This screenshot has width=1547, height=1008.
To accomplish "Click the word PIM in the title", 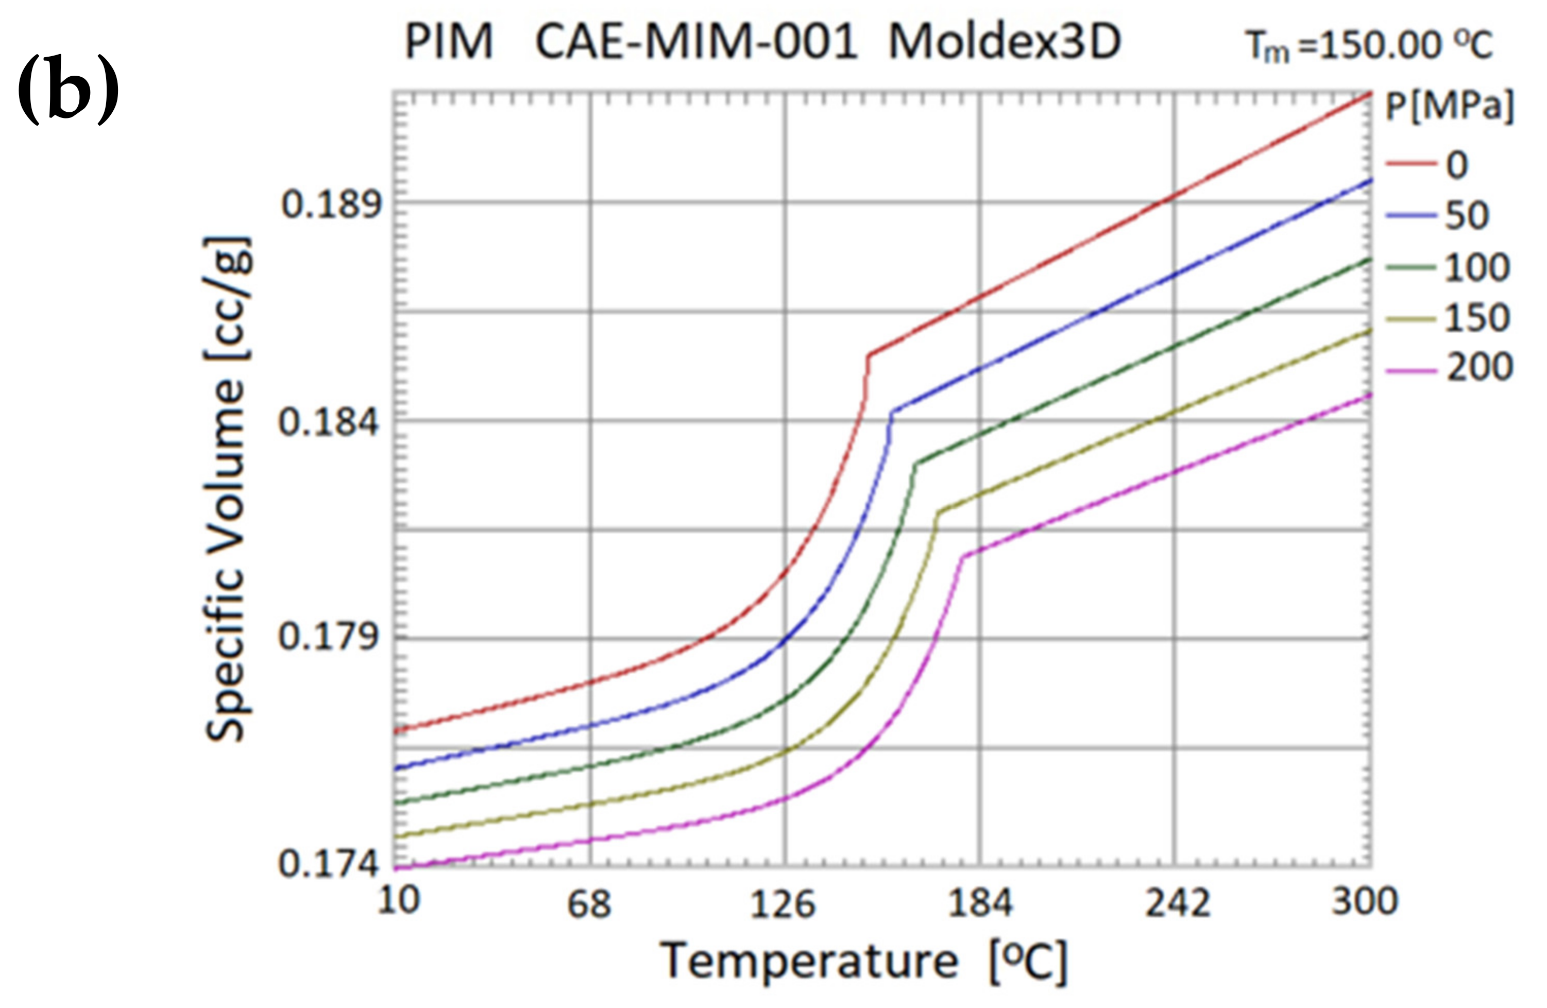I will click(x=449, y=43).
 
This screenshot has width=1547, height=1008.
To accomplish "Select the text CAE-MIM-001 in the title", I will click(x=695, y=43).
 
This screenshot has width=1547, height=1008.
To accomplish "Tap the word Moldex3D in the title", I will click(x=1004, y=43).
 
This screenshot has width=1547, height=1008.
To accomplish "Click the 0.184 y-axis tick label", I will click(x=328, y=422).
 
